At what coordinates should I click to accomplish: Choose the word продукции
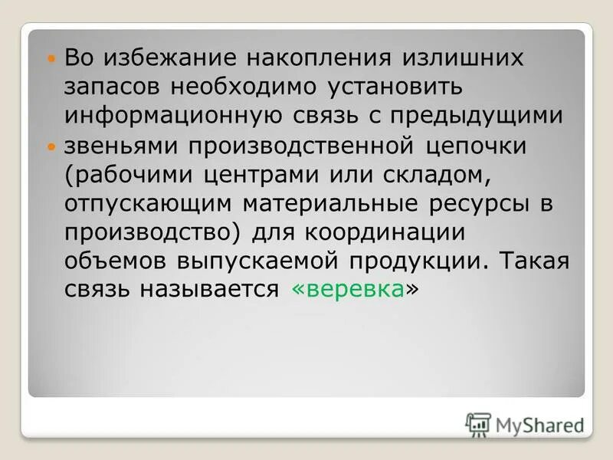[417, 260]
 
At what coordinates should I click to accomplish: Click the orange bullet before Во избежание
[51, 58]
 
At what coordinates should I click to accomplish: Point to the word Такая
[536, 260]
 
